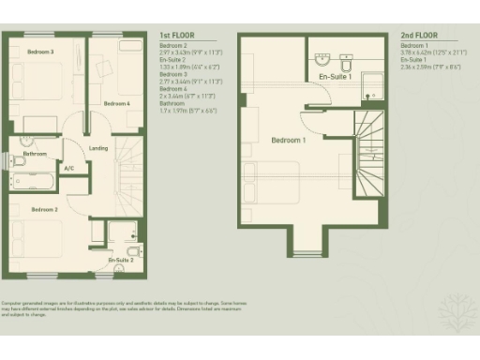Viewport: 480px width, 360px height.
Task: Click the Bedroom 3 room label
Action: click(40, 52)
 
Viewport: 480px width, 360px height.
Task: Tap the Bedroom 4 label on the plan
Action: click(116, 103)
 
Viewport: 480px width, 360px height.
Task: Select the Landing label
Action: click(97, 147)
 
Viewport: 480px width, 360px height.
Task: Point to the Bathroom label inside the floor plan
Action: click(36, 154)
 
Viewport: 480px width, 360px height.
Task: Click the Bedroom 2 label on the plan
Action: click(44, 208)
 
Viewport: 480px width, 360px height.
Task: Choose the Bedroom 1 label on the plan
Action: click(289, 140)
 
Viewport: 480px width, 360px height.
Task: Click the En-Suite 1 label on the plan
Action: click(336, 76)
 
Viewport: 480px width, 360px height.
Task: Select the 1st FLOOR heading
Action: click(176, 37)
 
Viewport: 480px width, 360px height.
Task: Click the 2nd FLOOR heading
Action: click(418, 37)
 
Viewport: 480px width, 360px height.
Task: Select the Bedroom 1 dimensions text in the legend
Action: click(432, 52)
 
